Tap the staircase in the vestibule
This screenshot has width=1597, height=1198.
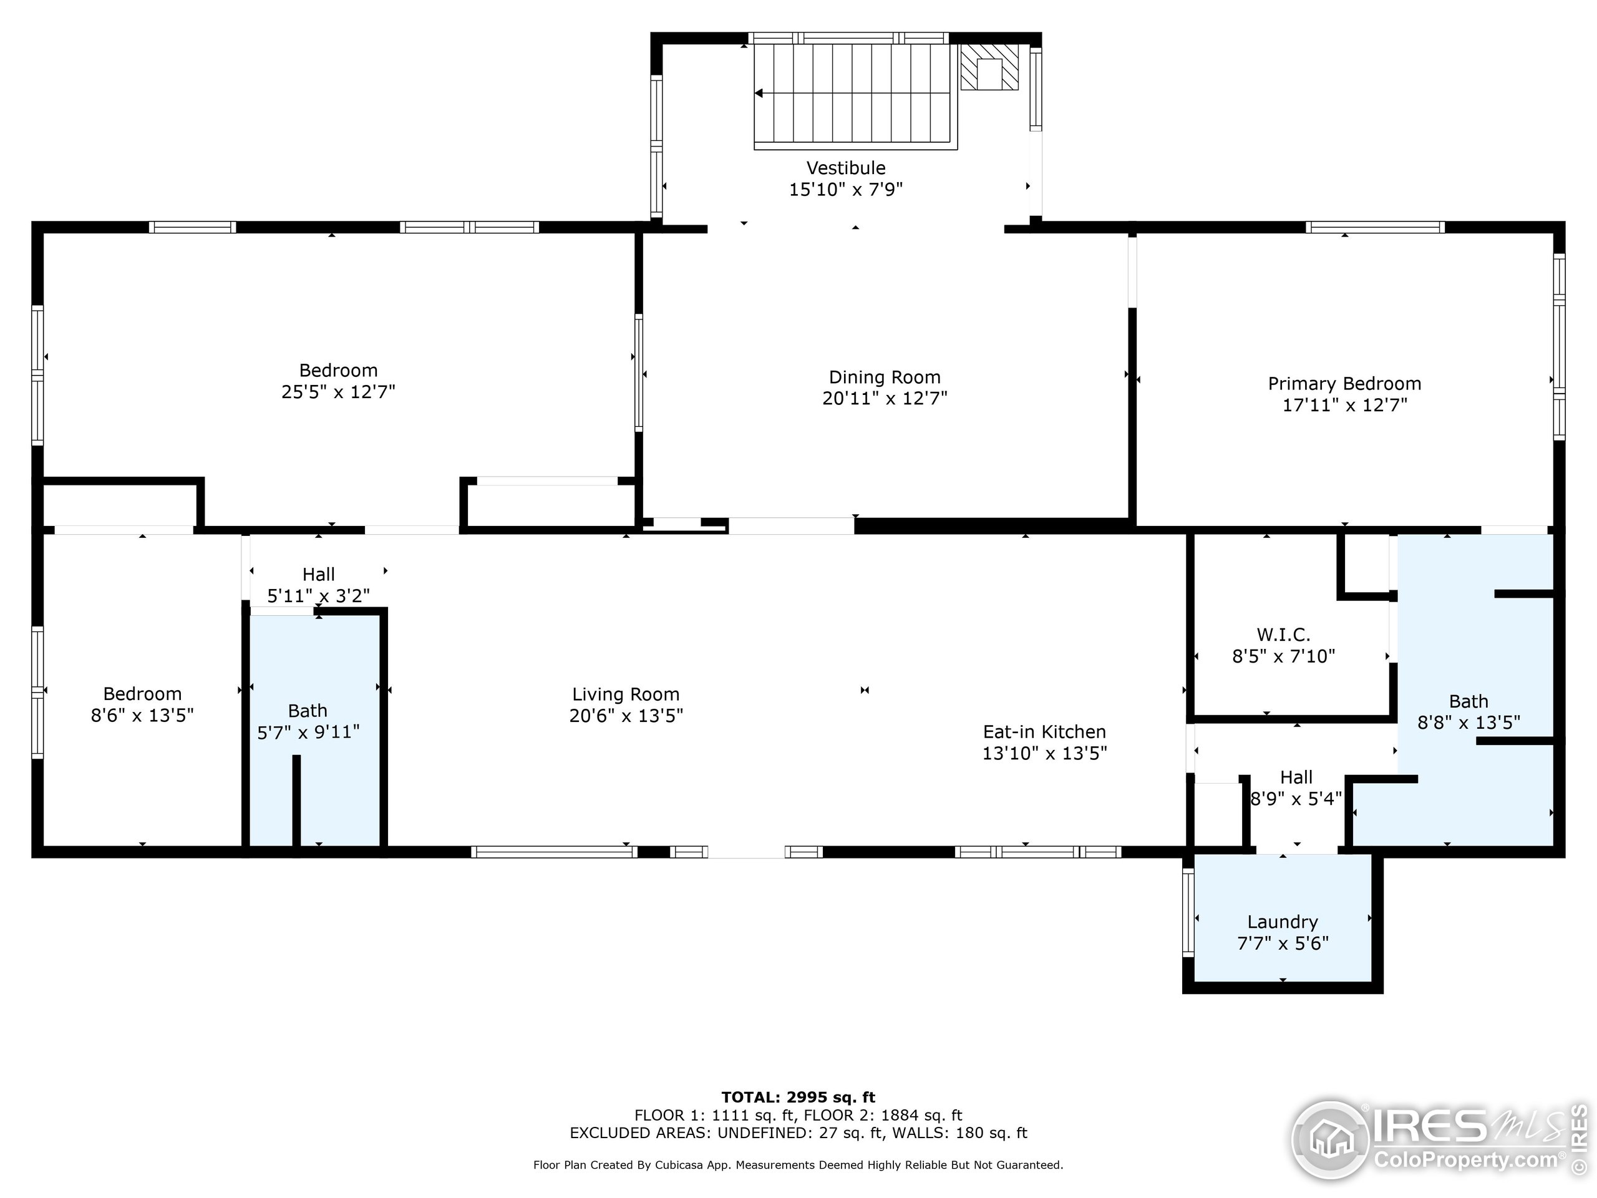854,94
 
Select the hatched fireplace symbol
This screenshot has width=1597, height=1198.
989,69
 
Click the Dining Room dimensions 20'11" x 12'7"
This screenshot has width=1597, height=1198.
885,399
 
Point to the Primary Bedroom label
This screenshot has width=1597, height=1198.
1344,384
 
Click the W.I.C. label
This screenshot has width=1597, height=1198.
1283,635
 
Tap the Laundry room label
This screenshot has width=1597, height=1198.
1282,922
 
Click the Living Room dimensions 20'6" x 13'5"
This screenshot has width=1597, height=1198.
626,716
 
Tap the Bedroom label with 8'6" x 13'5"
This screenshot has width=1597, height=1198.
142,694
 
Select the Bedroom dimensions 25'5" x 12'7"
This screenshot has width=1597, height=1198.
338,392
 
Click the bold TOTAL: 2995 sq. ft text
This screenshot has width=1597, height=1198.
798,1098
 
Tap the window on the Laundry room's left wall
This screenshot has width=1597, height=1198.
1188,912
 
